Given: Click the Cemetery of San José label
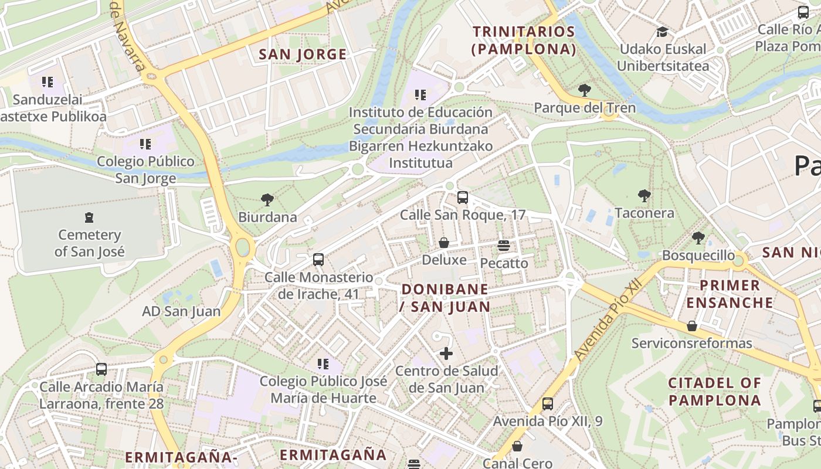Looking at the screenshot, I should [x=89, y=243].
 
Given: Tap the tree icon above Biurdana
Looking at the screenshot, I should [x=267, y=200].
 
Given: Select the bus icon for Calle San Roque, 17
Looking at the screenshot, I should [x=463, y=198].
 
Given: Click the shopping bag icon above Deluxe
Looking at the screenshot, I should [x=444, y=242].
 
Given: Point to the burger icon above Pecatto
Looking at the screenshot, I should [x=504, y=246].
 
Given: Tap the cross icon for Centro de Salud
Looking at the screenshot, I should [x=446, y=354].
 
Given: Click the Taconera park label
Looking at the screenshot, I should [x=644, y=213].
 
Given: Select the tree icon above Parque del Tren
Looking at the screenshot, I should [x=584, y=90].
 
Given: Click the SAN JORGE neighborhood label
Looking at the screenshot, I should [x=303, y=55].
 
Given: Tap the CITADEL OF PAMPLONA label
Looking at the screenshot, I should [x=715, y=392].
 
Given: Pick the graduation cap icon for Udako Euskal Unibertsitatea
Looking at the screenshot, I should [x=663, y=32].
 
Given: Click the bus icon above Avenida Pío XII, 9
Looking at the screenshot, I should [x=548, y=403].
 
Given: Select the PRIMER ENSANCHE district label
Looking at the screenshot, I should [x=730, y=294].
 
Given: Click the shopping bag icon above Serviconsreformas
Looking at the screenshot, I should [x=692, y=326].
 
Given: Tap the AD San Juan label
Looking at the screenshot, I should [x=181, y=311].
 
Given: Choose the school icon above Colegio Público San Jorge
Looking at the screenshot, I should [x=145, y=144].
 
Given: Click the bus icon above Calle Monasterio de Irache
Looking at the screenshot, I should [x=318, y=259].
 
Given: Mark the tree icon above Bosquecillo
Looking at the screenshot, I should [x=698, y=238].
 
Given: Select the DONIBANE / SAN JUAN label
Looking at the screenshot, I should [x=445, y=297].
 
